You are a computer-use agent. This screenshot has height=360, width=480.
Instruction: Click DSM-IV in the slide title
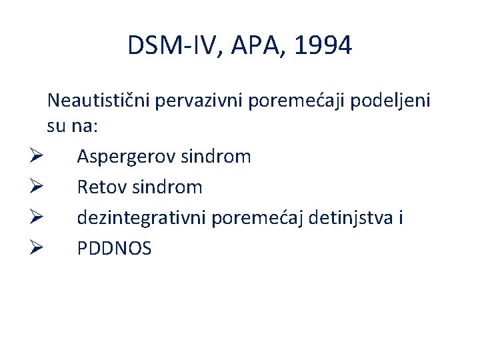pos(169,46)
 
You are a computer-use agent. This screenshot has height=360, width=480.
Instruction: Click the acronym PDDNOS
pos(114,249)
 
